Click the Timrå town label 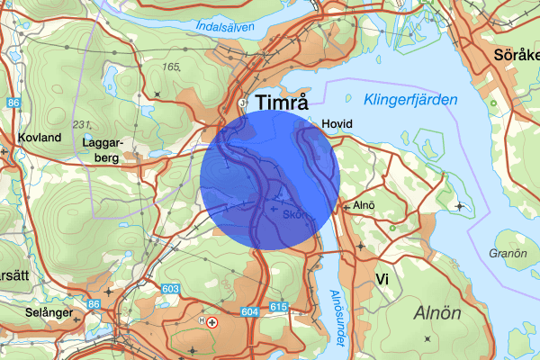tap(287, 102)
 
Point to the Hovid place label tap(336, 123)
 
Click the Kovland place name tap(39, 138)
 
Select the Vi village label tap(382, 279)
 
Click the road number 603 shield tap(171, 289)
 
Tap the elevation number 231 tap(82, 123)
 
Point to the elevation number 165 tap(171, 67)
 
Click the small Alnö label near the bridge tap(364, 205)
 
